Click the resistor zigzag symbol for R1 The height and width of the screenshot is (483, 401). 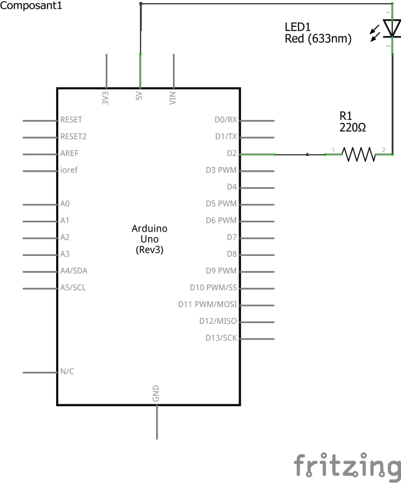359,154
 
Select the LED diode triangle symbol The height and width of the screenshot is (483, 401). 392,28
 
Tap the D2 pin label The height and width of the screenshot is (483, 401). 232,153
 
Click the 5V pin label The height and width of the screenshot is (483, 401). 139,96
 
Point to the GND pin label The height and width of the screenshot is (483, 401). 156,393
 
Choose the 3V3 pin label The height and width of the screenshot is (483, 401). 106,97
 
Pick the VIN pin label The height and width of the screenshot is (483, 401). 172,97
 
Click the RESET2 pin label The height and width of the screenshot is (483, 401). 73,137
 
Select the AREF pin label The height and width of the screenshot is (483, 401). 69,153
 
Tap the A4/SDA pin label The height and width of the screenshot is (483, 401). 74,271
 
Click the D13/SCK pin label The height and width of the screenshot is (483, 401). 221,338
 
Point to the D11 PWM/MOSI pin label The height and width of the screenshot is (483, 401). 207,305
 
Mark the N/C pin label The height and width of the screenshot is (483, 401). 67,371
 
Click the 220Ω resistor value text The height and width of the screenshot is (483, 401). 353,127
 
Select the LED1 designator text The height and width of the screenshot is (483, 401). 297,27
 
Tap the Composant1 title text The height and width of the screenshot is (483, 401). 31,6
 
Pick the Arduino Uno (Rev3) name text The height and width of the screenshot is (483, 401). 149,239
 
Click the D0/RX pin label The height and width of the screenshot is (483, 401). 225,120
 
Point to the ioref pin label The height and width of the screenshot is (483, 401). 69,170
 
